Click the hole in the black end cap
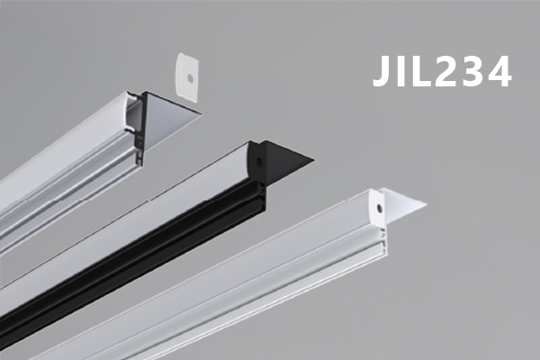coord(257,160)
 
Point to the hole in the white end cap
coord(379,208)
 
